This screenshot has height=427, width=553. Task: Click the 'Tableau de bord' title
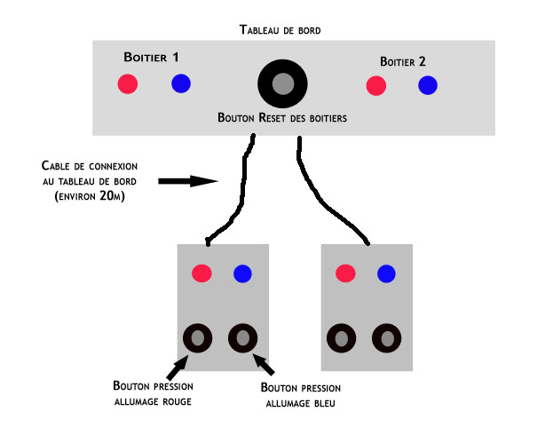pyautogui.click(x=280, y=29)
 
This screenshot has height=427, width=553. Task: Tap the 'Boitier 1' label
pyautogui.click(x=151, y=58)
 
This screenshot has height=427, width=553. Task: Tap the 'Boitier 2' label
pyautogui.click(x=402, y=61)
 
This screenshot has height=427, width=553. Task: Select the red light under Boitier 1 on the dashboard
pyautogui.click(x=128, y=84)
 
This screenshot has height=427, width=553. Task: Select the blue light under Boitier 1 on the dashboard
pyautogui.click(x=180, y=84)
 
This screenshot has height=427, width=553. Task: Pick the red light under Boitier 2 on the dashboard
pyautogui.click(x=375, y=85)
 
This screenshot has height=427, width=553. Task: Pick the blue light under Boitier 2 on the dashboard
pyautogui.click(x=428, y=85)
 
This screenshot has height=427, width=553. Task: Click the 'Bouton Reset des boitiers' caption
pyautogui.click(x=282, y=117)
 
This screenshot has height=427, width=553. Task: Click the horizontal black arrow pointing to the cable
pyautogui.click(x=187, y=181)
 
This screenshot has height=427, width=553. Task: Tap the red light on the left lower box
pyautogui.click(x=202, y=273)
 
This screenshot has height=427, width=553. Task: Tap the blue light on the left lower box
pyautogui.click(x=242, y=273)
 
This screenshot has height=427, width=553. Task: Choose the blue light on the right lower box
pyautogui.click(x=386, y=273)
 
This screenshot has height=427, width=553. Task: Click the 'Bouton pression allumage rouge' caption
pyautogui.click(x=153, y=394)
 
